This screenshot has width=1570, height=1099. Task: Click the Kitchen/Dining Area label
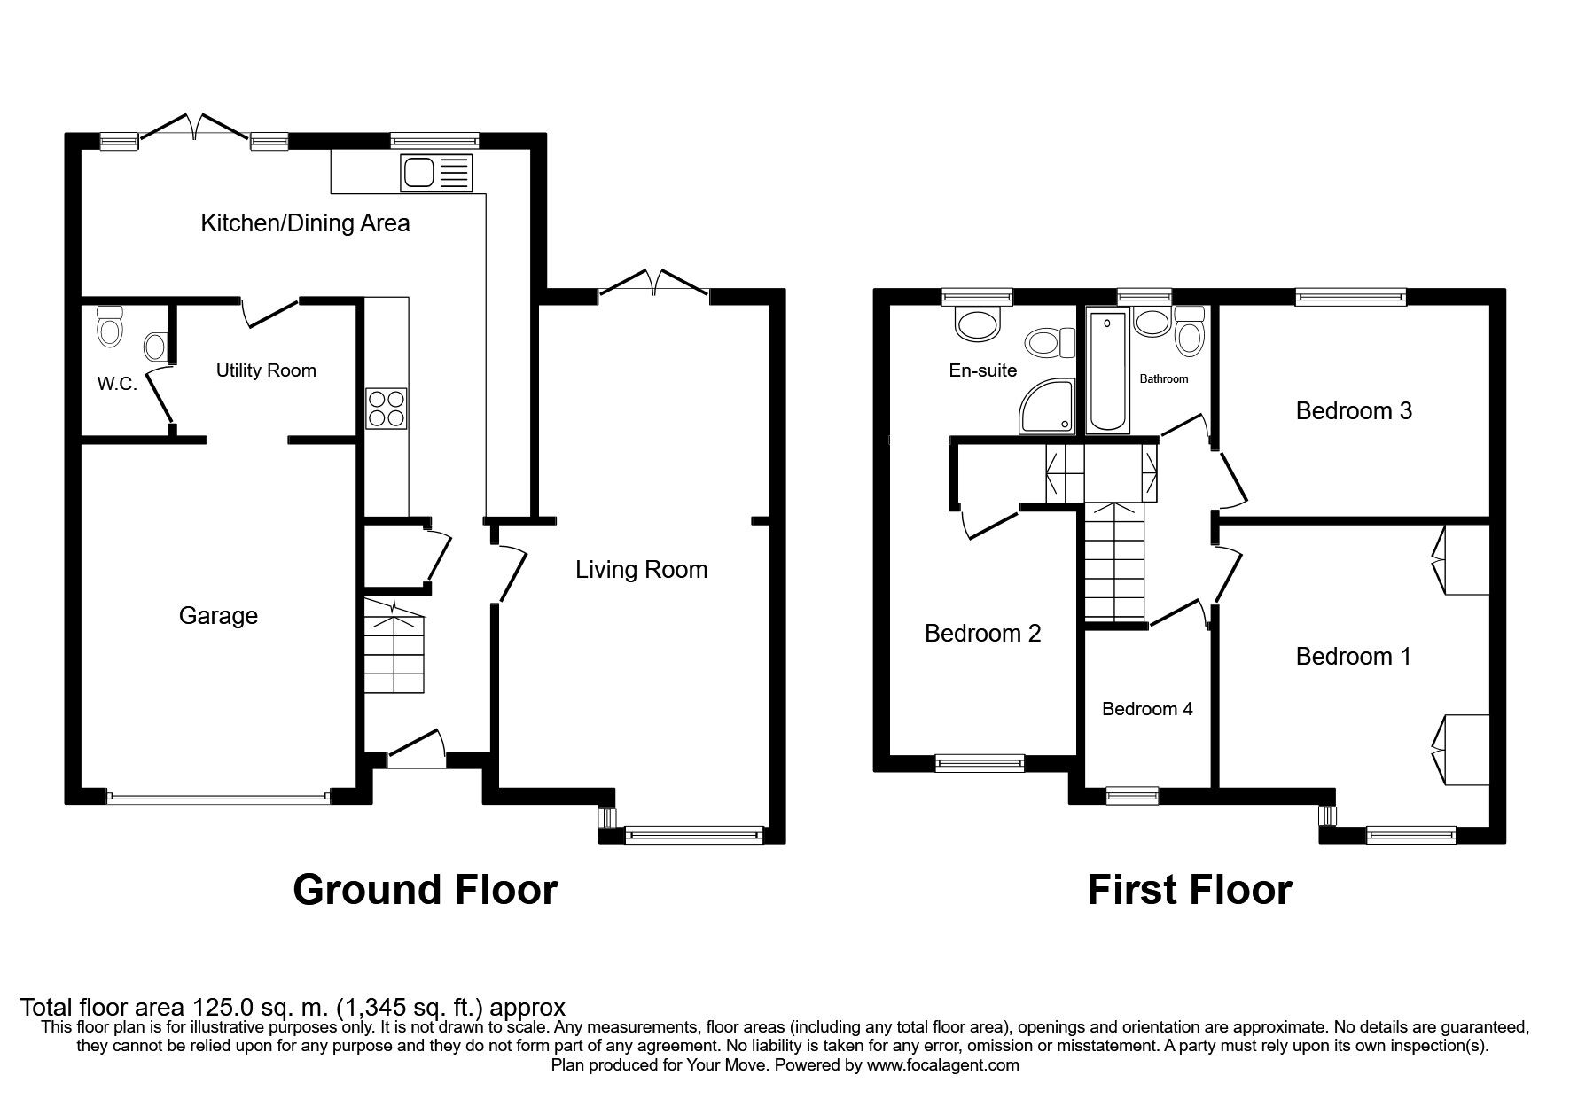pos(305,222)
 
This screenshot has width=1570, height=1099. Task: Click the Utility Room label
pos(266,370)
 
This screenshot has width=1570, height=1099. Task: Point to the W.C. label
pos(117,385)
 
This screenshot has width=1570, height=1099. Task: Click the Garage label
pos(218,616)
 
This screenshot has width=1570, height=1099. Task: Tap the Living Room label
pos(642,569)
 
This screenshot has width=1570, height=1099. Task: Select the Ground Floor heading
pos(426,889)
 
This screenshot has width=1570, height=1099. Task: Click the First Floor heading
pos(1190,889)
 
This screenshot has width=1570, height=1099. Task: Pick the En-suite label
pos(983,370)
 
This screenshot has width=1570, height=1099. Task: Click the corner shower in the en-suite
pos(1047,408)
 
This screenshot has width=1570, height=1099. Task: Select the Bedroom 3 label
pos(1354,411)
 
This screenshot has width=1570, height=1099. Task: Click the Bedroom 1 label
pos(1353,657)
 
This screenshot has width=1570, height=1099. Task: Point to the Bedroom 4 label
pos(1147,709)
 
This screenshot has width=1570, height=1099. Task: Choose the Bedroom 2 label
pos(982,634)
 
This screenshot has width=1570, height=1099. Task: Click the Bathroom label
pos(1164,379)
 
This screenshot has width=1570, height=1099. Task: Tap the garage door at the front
pos(218,797)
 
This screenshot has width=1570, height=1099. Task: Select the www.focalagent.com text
pos(943,1065)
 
